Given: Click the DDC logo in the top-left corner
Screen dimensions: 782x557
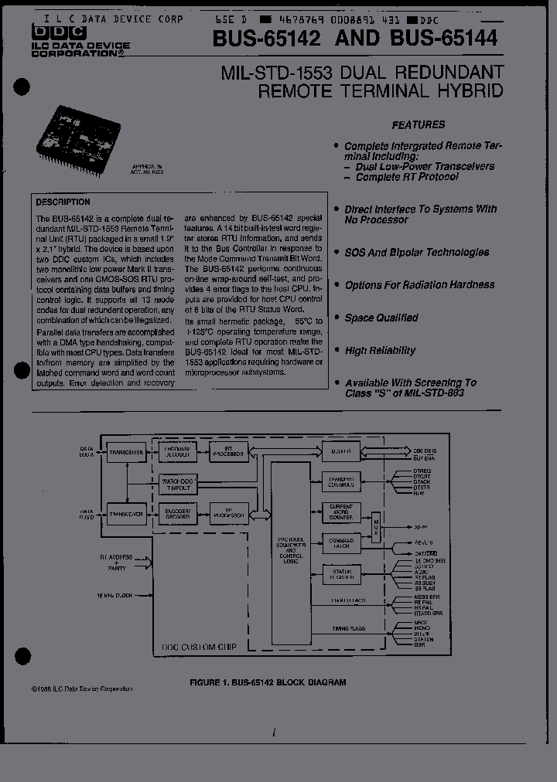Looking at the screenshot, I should tap(48, 31).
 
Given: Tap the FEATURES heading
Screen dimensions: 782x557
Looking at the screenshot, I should tap(418, 124).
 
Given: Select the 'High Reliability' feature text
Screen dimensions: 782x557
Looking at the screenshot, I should tap(381, 351).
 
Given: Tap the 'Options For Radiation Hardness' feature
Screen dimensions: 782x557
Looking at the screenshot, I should tap(419, 285).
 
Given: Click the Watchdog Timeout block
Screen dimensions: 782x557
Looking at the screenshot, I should tap(179, 484).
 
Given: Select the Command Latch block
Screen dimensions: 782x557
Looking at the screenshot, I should tap(341, 543).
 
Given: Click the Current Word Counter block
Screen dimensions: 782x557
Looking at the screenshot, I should tap(341, 512).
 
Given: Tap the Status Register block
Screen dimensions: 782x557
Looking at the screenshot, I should tap(341, 574).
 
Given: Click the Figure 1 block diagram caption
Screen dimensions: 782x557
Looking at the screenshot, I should tap(268, 682).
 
